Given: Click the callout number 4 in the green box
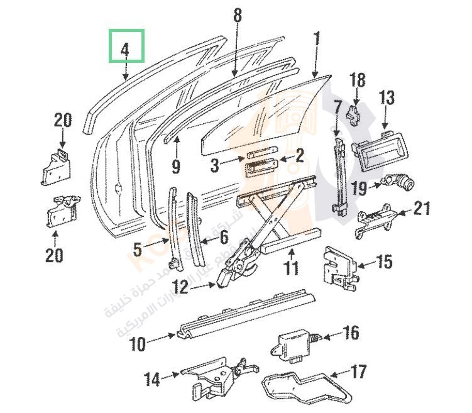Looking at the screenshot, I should [125, 48].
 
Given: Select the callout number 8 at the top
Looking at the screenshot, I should [237, 16].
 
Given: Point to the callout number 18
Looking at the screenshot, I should [357, 80].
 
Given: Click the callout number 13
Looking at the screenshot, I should [387, 98].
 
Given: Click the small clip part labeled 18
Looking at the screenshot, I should [356, 113].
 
